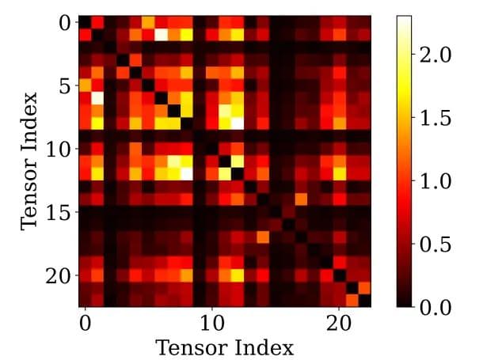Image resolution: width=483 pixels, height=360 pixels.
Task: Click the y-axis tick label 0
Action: pos(64,22)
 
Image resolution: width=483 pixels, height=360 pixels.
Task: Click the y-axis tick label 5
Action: pos(64,85)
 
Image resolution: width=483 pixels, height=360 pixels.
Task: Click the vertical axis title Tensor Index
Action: pos(29,161)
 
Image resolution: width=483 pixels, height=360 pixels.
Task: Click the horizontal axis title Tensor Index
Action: pos(225,347)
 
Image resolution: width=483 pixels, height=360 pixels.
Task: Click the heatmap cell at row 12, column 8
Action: pos(187,173)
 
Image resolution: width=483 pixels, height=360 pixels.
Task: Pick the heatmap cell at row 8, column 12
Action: pos(238,123)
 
